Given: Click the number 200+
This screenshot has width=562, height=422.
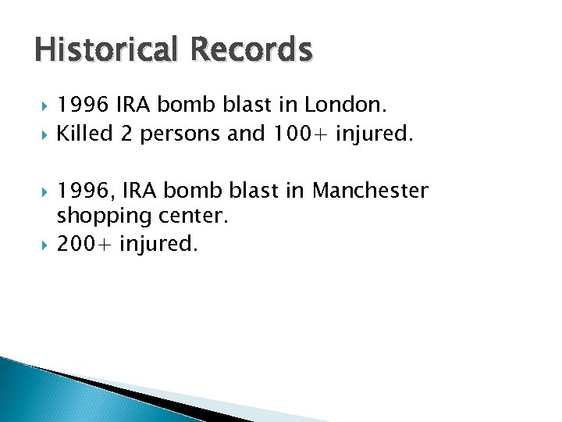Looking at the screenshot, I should click(x=85, y=244).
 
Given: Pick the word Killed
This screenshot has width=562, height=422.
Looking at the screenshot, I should click(x=86, y=134).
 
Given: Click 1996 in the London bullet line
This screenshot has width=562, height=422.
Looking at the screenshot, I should click(x=83, y=104).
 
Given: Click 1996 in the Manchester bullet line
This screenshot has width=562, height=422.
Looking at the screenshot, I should click(x=85, y=190).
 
